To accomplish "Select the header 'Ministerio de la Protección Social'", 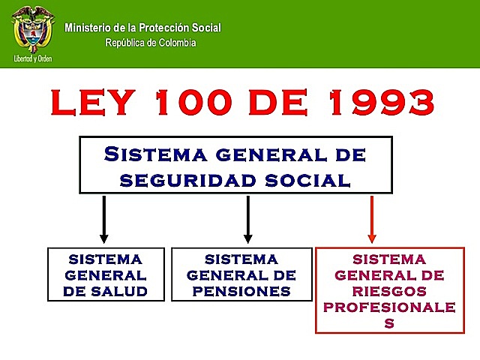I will [143, 28].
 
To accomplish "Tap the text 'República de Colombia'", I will [151, 43].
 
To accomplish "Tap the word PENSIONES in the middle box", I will [241, 291].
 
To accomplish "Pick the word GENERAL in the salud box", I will [105, 275].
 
